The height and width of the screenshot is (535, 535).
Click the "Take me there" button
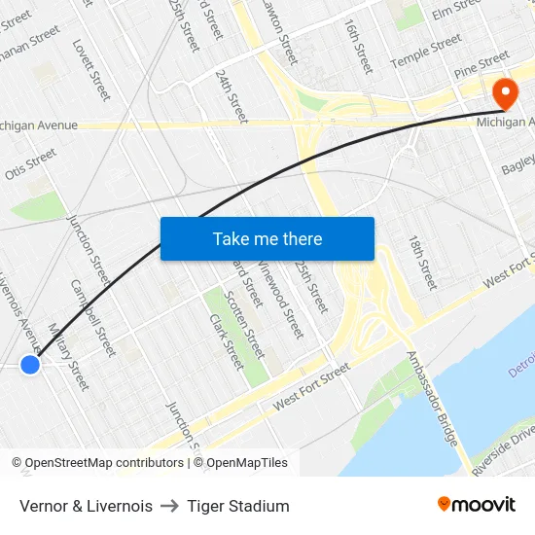(x=267, y=238)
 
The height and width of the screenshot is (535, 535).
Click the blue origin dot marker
(x=30, y=364)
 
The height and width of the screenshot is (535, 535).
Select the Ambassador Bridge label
(x=432, y=399)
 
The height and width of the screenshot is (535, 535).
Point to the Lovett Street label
(x=91, y=69)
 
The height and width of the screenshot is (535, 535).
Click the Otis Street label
(x=30, y=163)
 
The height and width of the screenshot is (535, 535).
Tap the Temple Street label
(x=425, y=53)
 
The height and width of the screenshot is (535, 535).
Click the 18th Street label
(x=423, y=262)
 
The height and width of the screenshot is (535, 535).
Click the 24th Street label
(x=232, y=96)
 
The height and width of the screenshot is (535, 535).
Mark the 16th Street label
(x=357, y=46)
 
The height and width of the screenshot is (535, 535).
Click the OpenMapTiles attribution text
(x=247, y=463)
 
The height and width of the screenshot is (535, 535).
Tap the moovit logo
(x=477, y=504)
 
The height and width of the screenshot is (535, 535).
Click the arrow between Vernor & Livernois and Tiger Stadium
(x=169, y=506)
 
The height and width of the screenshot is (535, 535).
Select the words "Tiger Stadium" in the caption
(x=238, y=506)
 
